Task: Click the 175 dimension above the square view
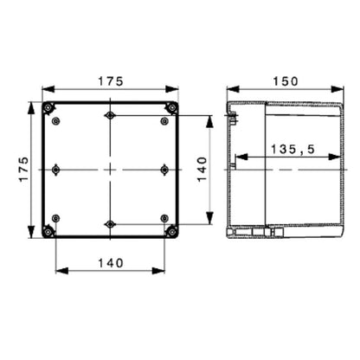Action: coord(110,80)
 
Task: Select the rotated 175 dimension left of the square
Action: coord(24,169)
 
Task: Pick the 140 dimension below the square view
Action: coord(110,262)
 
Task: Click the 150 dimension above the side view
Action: coord(285,80)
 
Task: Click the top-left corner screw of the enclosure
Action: coord(48,108)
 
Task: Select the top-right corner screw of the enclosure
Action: coord(172,108)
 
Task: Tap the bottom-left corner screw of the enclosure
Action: coord(48,231)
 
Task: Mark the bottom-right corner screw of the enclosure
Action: coord(172,231)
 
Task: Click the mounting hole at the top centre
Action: coord(110,116)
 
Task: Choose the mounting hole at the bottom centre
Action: coord(110,224)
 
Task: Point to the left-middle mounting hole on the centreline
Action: coord(56,170)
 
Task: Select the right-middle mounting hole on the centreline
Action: coord(164,170)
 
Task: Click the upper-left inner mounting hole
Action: coord(56,121)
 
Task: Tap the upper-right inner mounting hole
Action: coord(164,121)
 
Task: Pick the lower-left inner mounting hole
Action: coord(56,218)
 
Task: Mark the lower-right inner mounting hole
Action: coord(164,218)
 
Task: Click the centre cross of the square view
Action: coord(110,170)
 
